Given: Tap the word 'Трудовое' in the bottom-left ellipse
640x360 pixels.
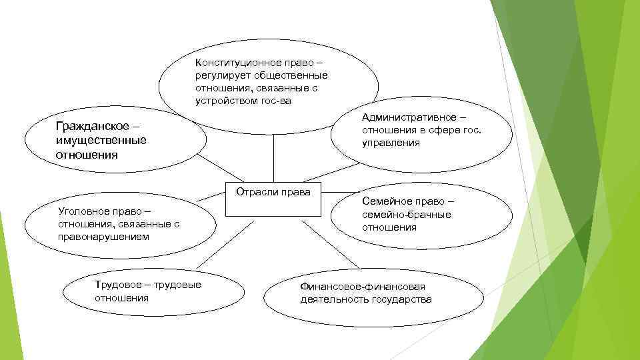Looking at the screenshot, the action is click(117, 285).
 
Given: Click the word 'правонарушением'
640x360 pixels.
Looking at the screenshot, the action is click(103, 237).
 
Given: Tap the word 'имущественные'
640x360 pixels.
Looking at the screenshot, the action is click(101, 140).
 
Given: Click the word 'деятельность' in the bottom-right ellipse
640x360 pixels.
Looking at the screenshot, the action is click(331, 299).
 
